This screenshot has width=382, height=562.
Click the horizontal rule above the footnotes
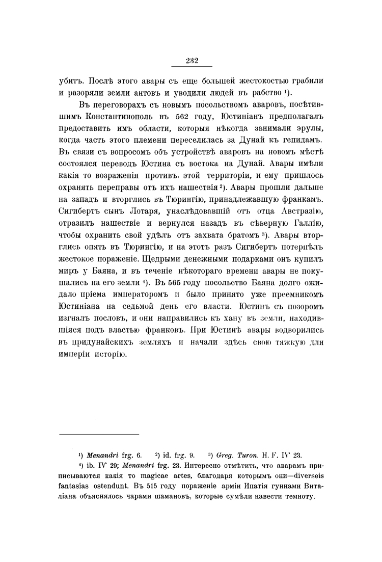coord(99,434)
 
